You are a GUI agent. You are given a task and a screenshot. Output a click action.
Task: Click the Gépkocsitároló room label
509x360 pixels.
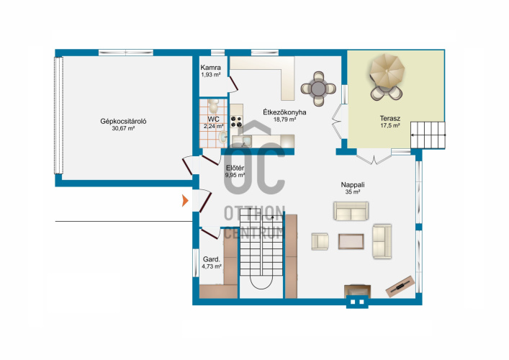123,122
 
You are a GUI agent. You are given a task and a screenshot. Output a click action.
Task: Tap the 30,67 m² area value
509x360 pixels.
123,129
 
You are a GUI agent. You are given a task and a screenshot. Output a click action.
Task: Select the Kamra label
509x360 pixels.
211,68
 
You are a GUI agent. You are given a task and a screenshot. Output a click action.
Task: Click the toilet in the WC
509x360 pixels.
213,106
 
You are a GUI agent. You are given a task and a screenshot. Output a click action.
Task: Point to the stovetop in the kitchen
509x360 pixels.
236,122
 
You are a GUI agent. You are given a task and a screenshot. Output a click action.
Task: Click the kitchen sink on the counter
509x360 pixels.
242,140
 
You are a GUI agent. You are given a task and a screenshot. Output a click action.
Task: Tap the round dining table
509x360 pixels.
318,89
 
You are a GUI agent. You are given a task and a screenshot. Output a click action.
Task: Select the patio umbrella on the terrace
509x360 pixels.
387,71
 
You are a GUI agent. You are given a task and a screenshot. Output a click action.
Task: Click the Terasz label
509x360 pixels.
390,119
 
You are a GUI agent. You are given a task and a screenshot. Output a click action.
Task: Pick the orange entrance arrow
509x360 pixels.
185,201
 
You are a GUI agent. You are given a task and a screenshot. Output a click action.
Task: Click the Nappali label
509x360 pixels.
353,185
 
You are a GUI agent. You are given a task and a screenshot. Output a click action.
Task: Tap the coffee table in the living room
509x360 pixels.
351,241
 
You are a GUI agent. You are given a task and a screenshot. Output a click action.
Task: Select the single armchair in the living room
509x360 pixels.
320,241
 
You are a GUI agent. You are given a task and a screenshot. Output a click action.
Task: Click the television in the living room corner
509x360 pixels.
400,287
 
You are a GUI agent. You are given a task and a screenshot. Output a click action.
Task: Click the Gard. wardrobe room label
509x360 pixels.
212,259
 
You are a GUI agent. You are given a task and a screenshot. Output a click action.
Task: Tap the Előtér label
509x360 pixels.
235,168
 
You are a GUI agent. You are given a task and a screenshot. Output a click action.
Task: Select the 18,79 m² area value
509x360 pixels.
284,120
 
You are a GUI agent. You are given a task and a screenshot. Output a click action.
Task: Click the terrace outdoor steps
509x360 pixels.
428,135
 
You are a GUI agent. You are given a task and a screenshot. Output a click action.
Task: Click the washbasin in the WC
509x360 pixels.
223,137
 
